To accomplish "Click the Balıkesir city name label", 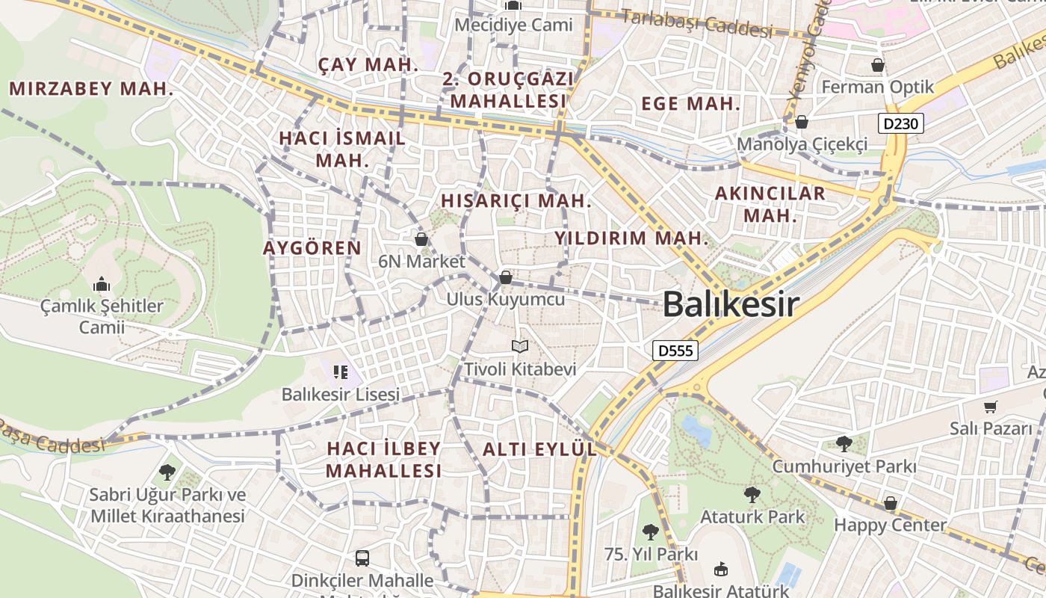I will (x=730, y=304).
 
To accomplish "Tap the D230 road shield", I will (x=902, y=123).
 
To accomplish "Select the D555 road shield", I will (x=675, y=350).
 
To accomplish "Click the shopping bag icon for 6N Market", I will (x=421, y=238).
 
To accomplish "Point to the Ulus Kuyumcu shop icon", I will (x=506, y=277).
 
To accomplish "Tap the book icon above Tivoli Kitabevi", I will (x=520, y=346).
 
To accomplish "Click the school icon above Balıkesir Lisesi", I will (x=341, y=372).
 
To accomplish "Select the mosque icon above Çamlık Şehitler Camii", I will (x=102, y=284).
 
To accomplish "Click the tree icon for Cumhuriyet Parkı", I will (x=844, y=444).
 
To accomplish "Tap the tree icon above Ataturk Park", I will (x=752, y=494).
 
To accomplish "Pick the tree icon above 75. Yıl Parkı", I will (x=651, y=532).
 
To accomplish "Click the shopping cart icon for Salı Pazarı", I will (x=991, y=407).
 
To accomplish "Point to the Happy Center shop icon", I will (x=890, y=503).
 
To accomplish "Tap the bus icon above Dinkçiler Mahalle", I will (x=362, y=558).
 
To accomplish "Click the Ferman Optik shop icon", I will (x=878, y=65).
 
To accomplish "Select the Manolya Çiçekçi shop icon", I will (x=802, y=121).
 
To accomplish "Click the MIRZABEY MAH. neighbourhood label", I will (x=91, y=89).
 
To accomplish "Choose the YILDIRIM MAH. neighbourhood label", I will (x=631, y=238).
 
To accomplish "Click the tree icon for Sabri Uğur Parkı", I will (x=167, y=472).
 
